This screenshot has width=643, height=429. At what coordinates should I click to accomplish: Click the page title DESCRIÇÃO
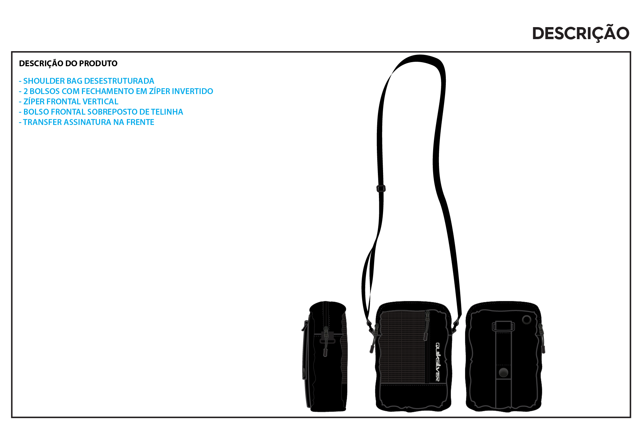coord(581,33)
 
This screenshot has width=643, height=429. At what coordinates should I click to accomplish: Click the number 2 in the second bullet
coord(25,91)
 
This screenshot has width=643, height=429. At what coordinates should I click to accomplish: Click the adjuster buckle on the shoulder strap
coord(381,188)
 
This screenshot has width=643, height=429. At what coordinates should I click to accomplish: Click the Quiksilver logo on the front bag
coord(438,362)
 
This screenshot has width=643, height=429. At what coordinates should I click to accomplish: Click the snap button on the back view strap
coord(503,372)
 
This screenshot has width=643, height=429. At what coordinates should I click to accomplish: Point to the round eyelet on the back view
coord(526,320)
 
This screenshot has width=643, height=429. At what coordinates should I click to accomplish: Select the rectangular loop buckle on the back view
coord(503,326)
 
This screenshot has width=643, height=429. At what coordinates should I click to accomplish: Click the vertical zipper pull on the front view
coord(427,326)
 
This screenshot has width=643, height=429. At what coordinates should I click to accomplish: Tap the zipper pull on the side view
coord(325,341)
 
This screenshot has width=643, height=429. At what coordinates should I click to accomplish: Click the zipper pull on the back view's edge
coord(542,338)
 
